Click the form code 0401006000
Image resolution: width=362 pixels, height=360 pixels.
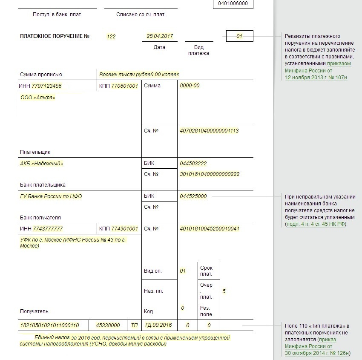click(233, 3)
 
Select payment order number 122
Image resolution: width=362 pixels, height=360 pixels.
click(111, 37)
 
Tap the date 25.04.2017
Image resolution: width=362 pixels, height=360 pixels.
click(159, 36)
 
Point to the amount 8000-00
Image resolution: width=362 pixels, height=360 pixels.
click(190, 86)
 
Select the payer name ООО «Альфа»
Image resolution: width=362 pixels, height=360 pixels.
click(38, 98)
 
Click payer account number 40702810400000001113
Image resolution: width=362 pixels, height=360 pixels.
click(209, 131)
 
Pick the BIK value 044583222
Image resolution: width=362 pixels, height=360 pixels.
click(193, 164)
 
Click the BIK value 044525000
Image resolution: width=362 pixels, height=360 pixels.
click(193, 196)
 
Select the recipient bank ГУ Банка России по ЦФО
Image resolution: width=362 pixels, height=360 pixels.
click(51, 196)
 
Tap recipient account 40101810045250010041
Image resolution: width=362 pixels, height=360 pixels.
click(210, 229)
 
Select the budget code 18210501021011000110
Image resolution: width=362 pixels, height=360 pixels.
click(50, 325)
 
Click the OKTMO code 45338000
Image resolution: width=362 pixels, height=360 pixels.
click(108, 325)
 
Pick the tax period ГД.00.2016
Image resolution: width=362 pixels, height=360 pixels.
click(158, 325)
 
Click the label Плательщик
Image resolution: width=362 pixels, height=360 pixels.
click(35, 152)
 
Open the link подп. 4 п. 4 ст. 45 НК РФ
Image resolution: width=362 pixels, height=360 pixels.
click(316, 224)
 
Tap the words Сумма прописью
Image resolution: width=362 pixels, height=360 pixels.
click(41, 75)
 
